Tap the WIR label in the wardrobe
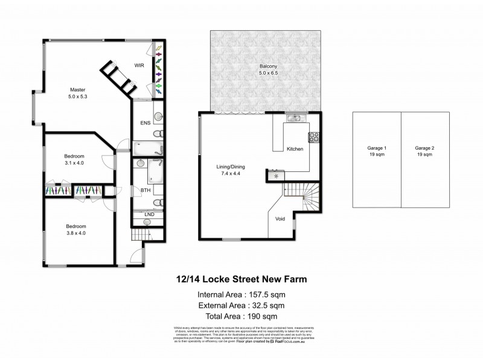pyautogui.click(x=139, y=65)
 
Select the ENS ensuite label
pyautogui.click(x=145, y=122)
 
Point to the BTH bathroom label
pyautogui.click(x=146, y=190)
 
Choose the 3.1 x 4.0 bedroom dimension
pyautogui.click(x=75, y=163)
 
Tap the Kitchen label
pyautogui.click(x=295, y=149)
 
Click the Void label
pyautogui.click(x=280, y=219)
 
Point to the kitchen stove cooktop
pyautogui.click(x=314, y=138)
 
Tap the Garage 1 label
pyautogui.click(x=377, y=148)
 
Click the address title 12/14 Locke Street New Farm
pyautogui.click(x=241, y=279)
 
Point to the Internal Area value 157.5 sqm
pyautogui.click(x=280, y=294)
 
